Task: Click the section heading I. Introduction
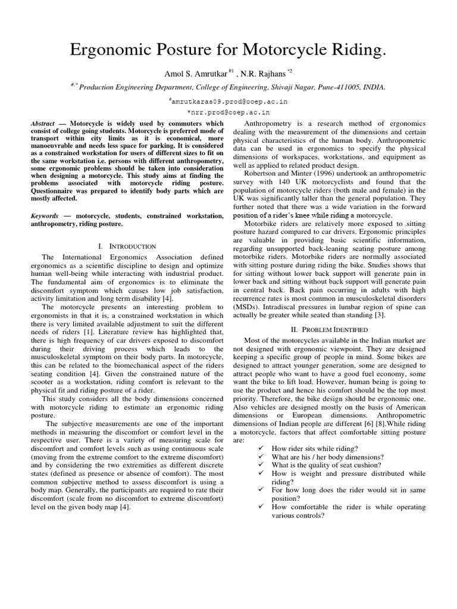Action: [126, 246]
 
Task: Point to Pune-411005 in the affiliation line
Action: [337, 87]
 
